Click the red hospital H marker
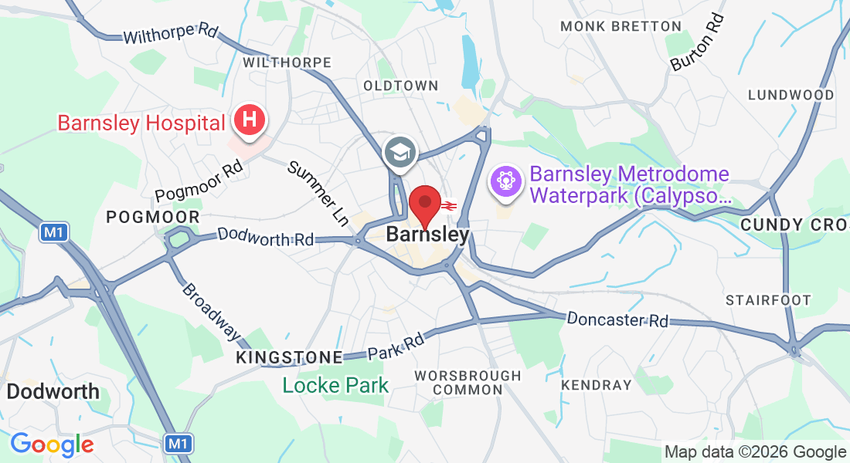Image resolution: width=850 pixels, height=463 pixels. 249,120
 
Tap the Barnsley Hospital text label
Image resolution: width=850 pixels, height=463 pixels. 141,123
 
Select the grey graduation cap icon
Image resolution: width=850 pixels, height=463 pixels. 401,152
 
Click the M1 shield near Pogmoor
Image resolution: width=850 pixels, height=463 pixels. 52,232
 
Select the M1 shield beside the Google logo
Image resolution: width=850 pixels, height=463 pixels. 178,444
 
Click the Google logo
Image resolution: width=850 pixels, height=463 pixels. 52,444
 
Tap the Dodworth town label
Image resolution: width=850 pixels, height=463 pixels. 53,391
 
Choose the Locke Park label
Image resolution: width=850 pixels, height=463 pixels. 335,384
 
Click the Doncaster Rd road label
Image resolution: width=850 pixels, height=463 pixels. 617,319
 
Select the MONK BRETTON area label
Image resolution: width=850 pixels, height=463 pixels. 620,26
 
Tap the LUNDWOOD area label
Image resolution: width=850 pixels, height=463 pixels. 790,95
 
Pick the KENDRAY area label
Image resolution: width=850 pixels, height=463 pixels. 596,384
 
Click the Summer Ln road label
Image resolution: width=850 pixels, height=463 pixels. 319,192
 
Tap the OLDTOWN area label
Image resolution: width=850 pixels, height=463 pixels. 400,86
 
